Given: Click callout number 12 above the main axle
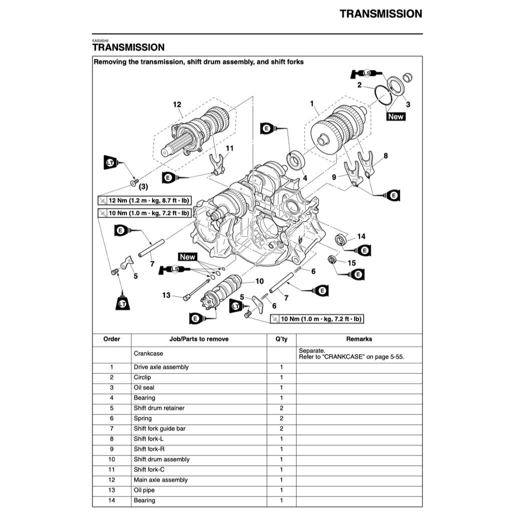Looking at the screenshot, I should [177, 104].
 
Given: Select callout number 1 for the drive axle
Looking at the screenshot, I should [312, 103].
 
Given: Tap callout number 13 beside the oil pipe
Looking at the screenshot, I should [166, 295].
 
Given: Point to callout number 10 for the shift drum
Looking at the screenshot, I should [259, 281].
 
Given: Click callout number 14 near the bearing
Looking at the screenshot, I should [361, 236].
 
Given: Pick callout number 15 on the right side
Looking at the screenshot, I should [351, 262].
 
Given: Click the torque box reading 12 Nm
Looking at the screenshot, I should [145, 200].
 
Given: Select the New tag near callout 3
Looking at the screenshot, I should [395, 116].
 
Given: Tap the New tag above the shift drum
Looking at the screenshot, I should [187, 257].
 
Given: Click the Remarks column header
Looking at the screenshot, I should [359, 339].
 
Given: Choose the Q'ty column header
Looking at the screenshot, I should [281, 339].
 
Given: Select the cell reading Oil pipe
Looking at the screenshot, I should [144, 490].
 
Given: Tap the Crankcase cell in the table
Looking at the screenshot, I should [148, 353].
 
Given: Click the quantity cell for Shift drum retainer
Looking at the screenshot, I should [281, 408].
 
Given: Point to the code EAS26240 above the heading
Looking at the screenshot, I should [100, 41].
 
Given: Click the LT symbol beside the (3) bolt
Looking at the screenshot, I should [110, 162].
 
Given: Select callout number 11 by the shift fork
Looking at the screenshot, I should [229, 148].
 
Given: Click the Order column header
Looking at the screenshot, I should [111, 339].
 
